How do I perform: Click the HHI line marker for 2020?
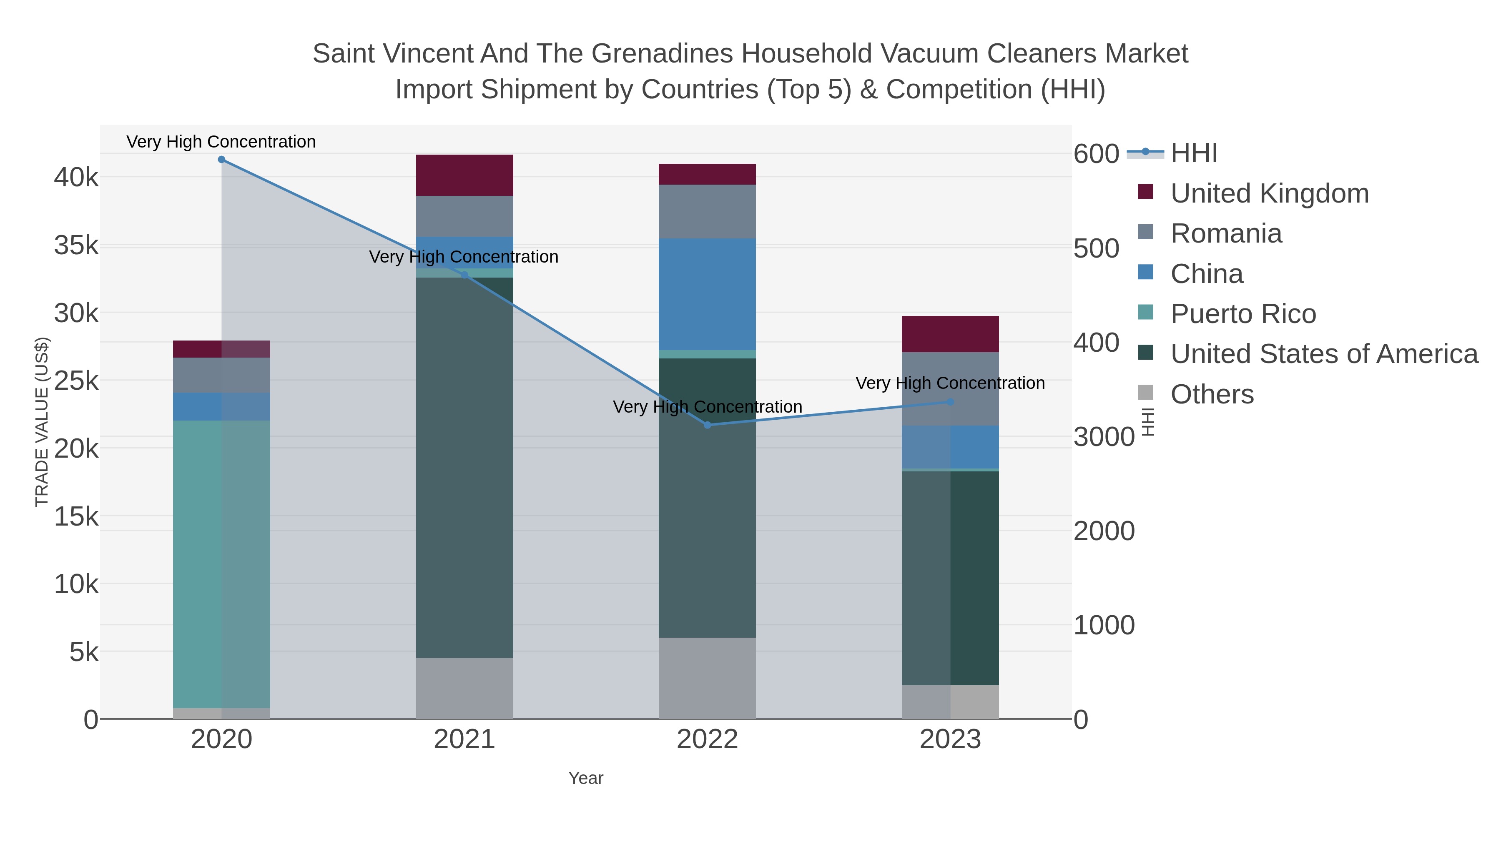[x=221, y=160]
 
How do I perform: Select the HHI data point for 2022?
[x=708, y=425]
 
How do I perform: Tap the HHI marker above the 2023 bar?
[x=950, y=402]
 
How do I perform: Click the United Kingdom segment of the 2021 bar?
[x=464, y=175]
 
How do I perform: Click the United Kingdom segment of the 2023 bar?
[x=950, y=334]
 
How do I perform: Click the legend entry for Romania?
[x=1226, y=233]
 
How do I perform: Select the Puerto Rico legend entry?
[x=1243, y=314]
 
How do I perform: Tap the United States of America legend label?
[x=1324, y=354]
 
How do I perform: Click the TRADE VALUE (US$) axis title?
[x=42, y=422]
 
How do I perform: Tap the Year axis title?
[x=586, y=778]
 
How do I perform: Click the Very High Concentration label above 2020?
[x=221, y=142]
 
